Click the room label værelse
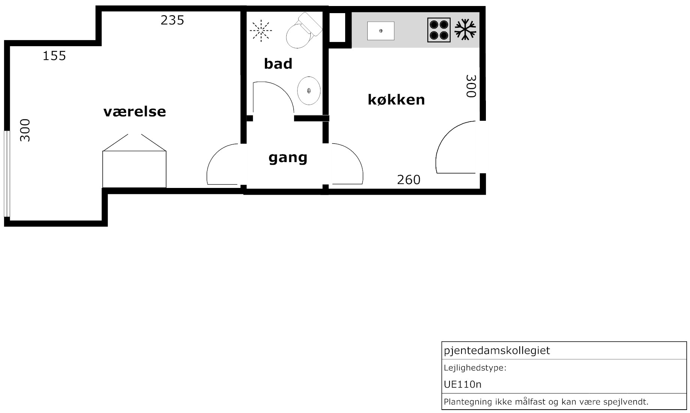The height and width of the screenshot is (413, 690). point(135,111)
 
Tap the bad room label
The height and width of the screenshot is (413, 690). point(278,64)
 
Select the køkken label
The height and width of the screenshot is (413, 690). point(396,99)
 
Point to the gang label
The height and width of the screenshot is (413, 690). point(288,158)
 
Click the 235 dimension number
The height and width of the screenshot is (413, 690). point(173,20)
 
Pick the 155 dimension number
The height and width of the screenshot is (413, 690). point(54,56)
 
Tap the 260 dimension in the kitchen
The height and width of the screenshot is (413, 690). point(409,180)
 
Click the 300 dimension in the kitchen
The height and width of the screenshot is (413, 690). point(471,86)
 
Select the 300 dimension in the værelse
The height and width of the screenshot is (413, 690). point(25,130)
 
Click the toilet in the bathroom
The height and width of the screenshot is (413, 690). point(304,31)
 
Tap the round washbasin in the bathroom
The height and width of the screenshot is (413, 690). point(309,91)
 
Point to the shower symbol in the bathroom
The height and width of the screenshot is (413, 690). point(261,30)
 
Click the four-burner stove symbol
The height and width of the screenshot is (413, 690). point(439,30)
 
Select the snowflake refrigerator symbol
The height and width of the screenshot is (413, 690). point(465,30)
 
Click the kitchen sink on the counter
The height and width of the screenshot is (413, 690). point(381,31)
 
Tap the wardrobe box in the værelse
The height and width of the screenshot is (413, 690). point(134,169)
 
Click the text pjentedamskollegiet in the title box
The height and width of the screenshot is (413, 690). point(497,351)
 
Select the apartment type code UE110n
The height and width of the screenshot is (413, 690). point(463,384)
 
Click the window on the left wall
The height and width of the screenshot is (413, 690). point(7,174)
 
